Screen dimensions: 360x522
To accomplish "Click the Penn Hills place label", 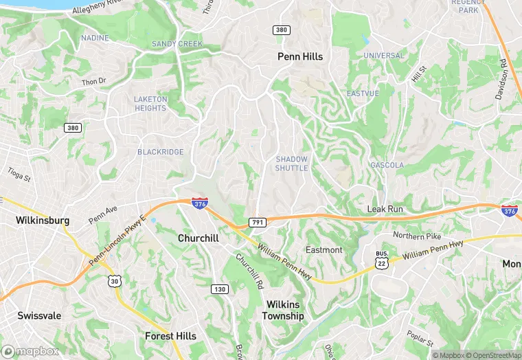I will (x=299, y=56).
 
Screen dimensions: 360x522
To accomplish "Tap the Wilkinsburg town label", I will (x=43, y=221).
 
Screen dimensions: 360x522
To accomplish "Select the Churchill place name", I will (x=198, y=238).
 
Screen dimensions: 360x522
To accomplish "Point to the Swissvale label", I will (x=39, y=316).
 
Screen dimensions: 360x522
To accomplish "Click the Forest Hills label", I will (x=170, y=336).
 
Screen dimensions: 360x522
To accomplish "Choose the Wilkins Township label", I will (x=284, y=310).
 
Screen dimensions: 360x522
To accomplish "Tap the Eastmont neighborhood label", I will (x=324, y=249).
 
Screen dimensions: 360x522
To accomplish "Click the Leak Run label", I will (x=385, y=208).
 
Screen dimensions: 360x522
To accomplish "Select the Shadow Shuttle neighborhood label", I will (x=292, y=164).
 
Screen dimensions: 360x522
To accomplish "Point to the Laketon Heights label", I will (x=150, y=104).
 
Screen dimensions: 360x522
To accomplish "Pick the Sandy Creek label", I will (x=177, y=44).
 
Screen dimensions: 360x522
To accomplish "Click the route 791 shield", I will (x=258, y=223).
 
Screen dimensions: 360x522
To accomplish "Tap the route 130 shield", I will (x=219, y=289).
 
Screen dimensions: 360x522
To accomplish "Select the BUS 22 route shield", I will (x=382, y=259).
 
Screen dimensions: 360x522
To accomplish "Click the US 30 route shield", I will (x=114, y=280).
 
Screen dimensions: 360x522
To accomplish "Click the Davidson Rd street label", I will (x=502, y=78).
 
